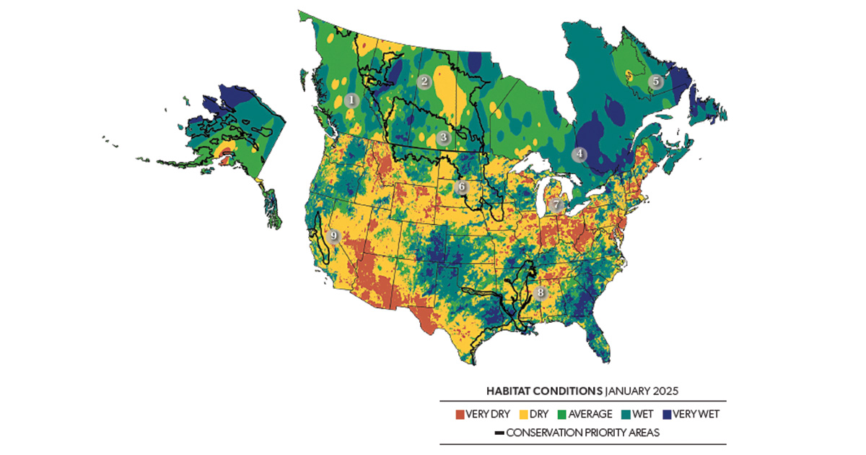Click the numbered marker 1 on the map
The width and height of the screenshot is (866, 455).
[351, 100]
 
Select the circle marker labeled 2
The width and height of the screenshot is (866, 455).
[424, 82]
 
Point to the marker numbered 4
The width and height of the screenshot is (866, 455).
[579, 154]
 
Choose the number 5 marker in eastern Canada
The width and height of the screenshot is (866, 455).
[655, 82]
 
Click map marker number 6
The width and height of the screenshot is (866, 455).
[463, 188]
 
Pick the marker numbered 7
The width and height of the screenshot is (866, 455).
[555, 205]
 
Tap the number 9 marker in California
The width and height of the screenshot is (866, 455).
[333, 235]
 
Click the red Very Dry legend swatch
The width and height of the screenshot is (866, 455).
[459, 415]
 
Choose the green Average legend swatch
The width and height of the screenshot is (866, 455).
[564, 415]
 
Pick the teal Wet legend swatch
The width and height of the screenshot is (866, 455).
[626, 415]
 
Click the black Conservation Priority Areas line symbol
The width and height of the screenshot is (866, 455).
[499, 433]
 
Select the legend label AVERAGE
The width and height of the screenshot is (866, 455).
[592, 415]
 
